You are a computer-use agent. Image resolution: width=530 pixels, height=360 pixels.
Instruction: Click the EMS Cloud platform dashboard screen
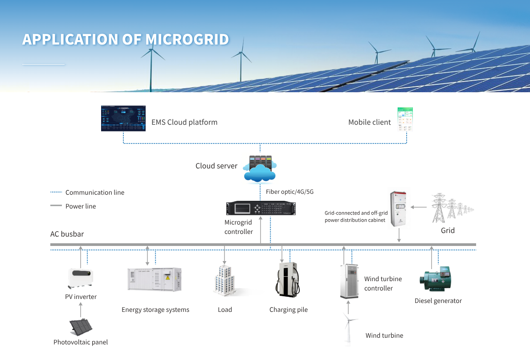coord(123,119)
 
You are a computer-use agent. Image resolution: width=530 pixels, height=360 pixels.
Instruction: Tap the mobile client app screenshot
coord(405,119)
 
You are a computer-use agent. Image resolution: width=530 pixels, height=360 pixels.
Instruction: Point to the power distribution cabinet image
coord(400,209)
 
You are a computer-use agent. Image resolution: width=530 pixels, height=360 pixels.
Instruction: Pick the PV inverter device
coord(81,278)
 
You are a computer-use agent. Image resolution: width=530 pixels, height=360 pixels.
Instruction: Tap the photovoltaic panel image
coord(81,327)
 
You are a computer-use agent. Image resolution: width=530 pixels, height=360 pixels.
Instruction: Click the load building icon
coord(225,281)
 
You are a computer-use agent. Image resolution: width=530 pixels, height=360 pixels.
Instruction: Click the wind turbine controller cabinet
coord(349,281)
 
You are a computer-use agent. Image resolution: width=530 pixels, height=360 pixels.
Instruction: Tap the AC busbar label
coord(67,234)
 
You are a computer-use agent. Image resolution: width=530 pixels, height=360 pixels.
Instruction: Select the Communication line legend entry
coord(94,192)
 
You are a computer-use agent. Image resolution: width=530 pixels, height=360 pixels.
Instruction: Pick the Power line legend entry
coord(80,206)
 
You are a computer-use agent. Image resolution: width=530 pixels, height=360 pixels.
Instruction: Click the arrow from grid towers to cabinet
coord(418,207)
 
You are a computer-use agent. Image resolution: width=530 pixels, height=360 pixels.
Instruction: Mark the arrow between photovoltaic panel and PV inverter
coord(81,309)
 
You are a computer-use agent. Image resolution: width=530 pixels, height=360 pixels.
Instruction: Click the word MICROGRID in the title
coord(187,39)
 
